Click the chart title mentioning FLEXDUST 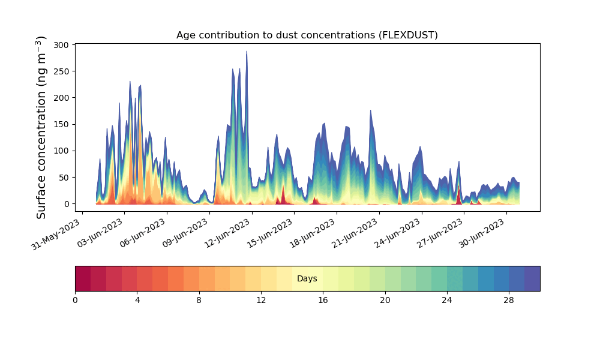click(307, 35)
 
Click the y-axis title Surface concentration click(41, 127)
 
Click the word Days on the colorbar click(307, 279)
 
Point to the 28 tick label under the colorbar click(509, 300)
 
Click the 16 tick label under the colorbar click(323, 300)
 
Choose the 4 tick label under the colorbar click(137, 300)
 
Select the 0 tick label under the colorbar click(76, 300)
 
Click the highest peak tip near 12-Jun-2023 click(247, 52)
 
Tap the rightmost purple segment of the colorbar click(532, 279)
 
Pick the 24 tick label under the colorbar click(447, 300)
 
